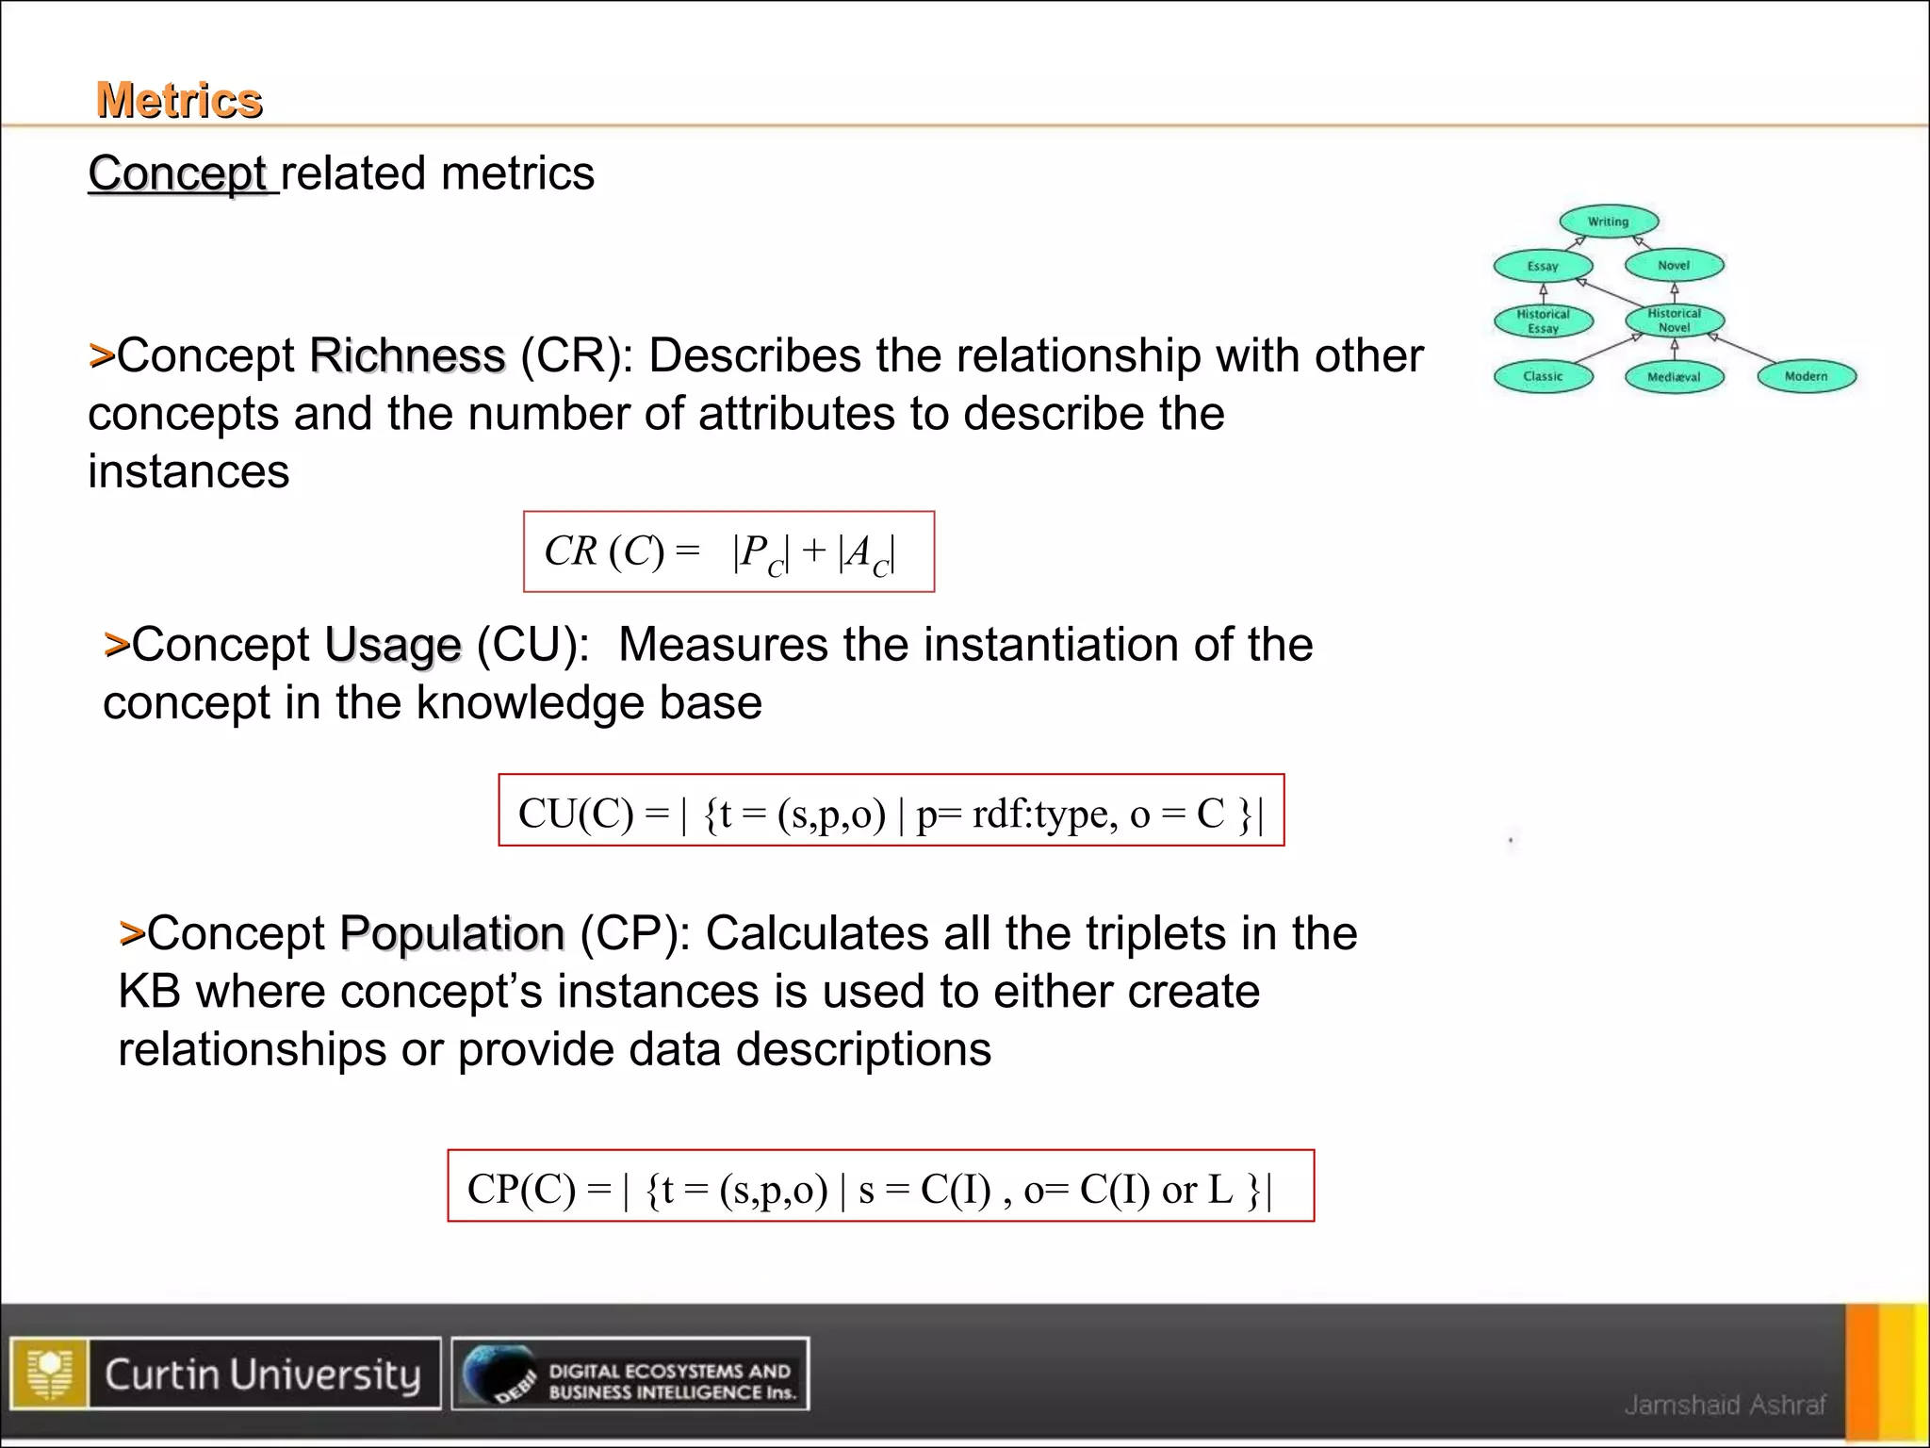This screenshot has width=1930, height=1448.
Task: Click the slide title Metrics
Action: coord(179,100)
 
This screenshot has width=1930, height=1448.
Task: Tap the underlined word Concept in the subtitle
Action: coord(177,173)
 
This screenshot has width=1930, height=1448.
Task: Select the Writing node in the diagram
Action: coord(1608,222)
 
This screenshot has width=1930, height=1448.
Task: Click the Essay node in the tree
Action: coord(1543,267)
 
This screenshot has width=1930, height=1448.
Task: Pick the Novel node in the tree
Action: coord(1674,266)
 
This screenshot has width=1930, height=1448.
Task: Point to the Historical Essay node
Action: coord(1543,321)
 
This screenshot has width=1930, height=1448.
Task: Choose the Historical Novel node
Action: coord(1674,321)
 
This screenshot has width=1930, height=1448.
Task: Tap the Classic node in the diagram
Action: coord(1543,376)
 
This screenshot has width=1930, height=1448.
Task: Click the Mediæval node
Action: coord(1674,377)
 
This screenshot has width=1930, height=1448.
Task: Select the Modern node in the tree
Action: coord(1806,376)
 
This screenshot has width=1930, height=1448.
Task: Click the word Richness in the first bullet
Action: coord(407,356)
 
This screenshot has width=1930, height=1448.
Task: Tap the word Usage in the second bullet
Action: coord(393,646)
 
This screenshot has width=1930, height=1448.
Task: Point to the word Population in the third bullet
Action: coord(451,934)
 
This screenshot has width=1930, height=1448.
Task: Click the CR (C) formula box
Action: coord(728,552)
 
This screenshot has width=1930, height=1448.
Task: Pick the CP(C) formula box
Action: coord(880,1187)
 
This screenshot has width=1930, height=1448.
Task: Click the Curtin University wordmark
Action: coord(262,1374)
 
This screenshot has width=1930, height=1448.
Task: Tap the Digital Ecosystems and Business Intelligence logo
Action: coord(630,1374)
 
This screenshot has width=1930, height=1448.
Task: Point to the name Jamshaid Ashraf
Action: coord(1725,1405)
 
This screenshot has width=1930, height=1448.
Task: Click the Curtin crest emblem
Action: coord(50,1374)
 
